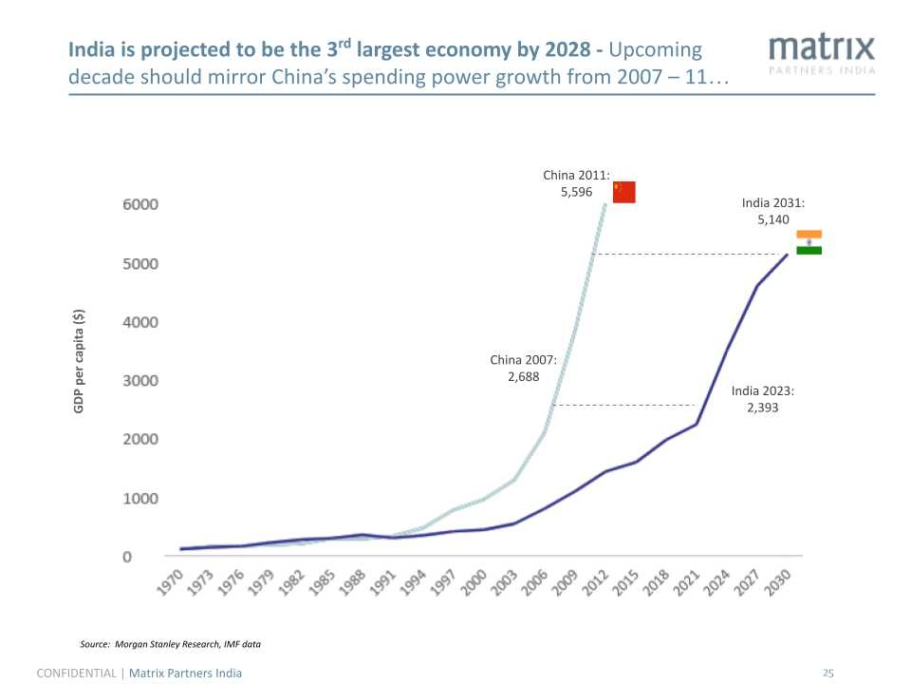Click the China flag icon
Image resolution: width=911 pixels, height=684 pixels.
[x=623, y=192]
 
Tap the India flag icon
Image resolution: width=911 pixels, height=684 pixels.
[x=809, y=242]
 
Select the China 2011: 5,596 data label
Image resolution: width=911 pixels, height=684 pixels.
[x=575, y=183]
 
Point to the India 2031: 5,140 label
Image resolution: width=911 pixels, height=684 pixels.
[x=772, y=211]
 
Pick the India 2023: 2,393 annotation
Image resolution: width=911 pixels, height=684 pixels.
[x=762, y=399]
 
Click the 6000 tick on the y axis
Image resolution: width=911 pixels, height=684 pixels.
[x=139, y=204]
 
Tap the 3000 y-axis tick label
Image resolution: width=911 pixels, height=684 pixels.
[x=139, y=380]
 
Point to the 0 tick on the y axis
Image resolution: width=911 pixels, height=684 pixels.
[x=126, y=556]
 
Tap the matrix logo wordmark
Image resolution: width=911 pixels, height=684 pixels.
[x=821, y=47]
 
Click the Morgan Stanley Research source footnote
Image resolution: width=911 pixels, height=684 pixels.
[x=170, y=645]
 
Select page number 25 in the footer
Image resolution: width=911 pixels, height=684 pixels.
[x=827, y=674]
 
